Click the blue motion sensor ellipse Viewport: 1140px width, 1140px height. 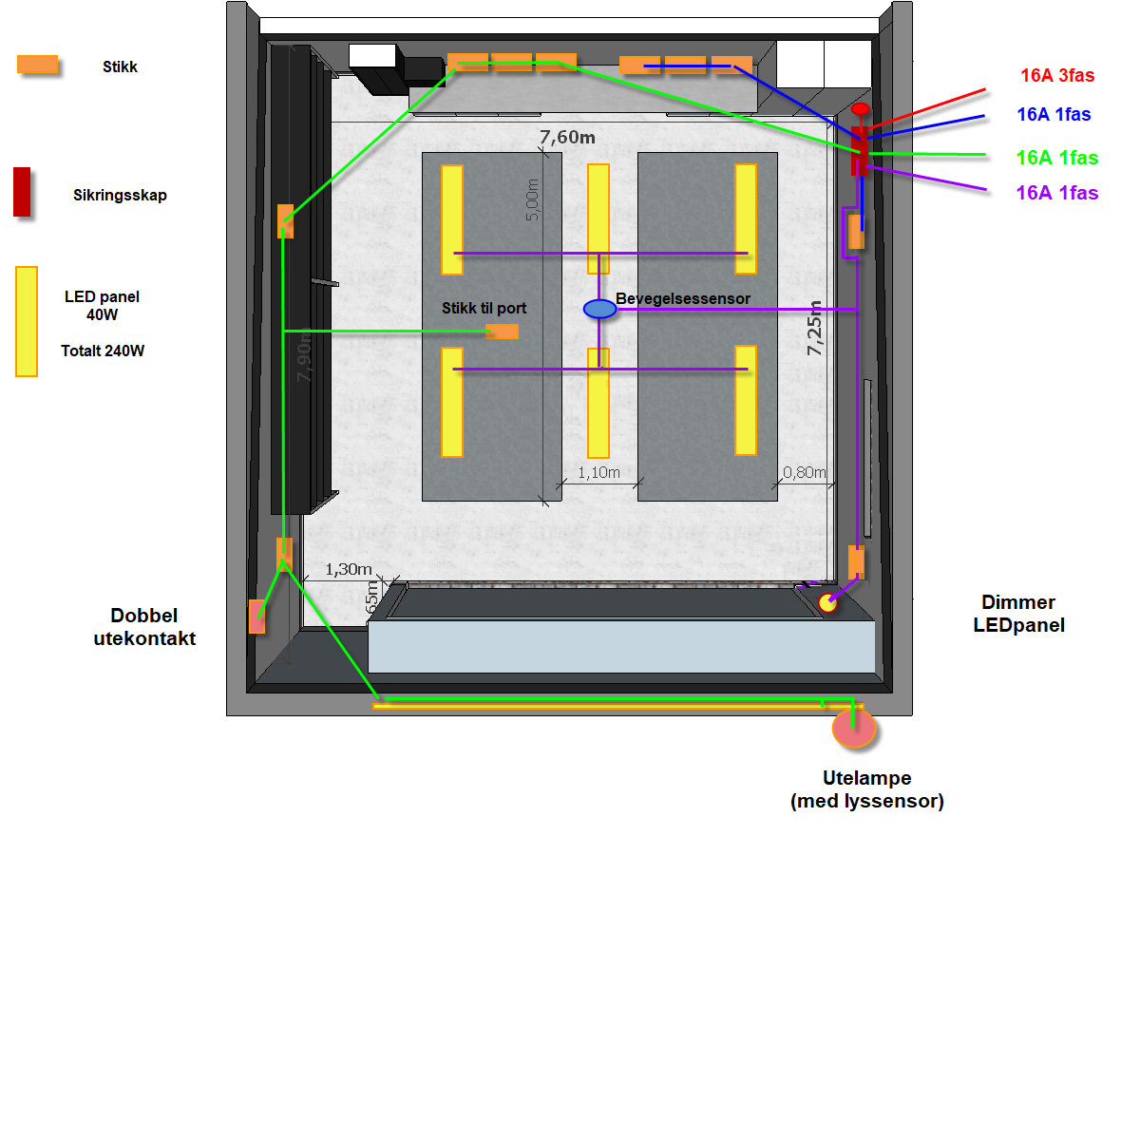(x=599, y=309)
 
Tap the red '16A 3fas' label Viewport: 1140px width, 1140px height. (x=1057, y=76)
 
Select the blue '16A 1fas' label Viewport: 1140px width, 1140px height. (x=1054, y=115)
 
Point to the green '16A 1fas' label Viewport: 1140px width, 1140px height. (x=1056, y=158)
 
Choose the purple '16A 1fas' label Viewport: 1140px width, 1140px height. (x=1056, y=193)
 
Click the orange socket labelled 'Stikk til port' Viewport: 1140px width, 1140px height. (x=502, y=332)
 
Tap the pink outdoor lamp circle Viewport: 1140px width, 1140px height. (x=853, y=729)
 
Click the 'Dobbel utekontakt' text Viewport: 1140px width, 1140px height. (x=144, y=627)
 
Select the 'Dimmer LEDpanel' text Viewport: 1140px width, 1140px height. (x=1018, y=614)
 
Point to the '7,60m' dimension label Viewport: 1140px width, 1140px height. (x=567, y=138)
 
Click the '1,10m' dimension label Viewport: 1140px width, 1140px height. (x=598, y=472)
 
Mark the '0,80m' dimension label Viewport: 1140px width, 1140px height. (x=804, y=472)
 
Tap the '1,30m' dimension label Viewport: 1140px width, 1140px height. (x=349, y=569)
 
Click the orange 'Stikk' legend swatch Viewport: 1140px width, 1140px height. (x=38, y=65)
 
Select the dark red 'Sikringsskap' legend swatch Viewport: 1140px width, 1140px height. (x=22, y=192)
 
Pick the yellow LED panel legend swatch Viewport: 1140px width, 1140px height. (x=27, y=321)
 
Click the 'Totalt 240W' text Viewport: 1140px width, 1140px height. (x=103, y=351)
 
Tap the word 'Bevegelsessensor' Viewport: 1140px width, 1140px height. (x=683, y=299)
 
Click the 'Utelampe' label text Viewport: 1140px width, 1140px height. (x=866, y=778)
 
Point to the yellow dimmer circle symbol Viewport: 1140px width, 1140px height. (x=827, y=602)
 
